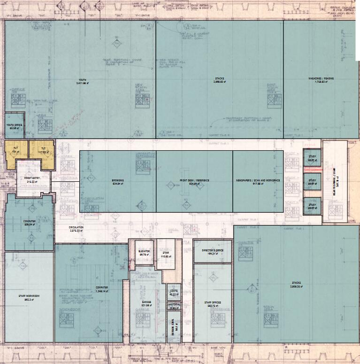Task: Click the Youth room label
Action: (x=83, y=80)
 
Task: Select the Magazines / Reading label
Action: (x=321, y=78)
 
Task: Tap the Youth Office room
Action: (x=14, y=126)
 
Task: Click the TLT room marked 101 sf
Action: (x=15, y=151)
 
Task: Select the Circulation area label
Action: (x=76, y=229)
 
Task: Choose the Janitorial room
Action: (x=173, y=306)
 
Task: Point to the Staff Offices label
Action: (x=213, y=304)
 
